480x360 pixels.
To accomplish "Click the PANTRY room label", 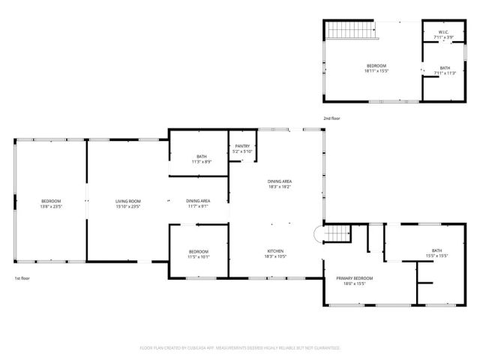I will (242, 146).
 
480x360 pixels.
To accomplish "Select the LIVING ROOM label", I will (128, 200).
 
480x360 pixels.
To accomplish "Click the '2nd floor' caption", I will (332, 118).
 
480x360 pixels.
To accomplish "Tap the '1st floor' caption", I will (22, 278).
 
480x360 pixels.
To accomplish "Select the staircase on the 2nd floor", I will (350, 31).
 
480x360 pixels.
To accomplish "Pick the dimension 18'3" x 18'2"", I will (280, 187).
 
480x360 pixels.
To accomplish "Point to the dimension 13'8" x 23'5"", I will (51, 205).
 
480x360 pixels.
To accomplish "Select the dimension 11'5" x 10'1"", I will (199, 256).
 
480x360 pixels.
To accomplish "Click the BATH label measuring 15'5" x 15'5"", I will (437, 250).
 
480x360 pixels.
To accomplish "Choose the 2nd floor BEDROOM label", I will (376, 66).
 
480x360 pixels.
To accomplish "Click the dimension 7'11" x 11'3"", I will (444, 73).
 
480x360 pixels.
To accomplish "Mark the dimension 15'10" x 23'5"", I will (128, 205).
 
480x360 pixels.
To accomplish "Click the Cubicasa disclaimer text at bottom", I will (240, 348).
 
